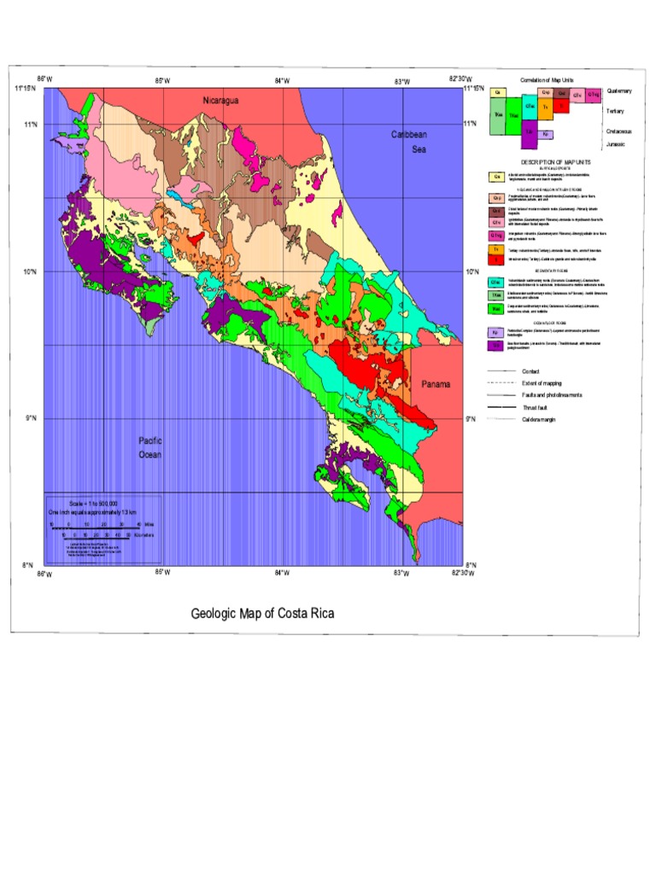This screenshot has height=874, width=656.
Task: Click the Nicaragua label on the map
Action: point(220,101)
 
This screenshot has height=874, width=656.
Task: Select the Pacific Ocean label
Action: point(150,447)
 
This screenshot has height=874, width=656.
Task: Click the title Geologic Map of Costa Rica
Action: point(262,614)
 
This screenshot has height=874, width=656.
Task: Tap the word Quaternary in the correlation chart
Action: point(619,90)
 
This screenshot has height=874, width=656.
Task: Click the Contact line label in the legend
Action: point(530,372)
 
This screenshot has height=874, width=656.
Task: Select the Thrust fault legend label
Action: point(536,408)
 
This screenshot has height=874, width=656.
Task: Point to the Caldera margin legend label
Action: point(539,420)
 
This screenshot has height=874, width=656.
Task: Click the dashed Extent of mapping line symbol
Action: point(501,384)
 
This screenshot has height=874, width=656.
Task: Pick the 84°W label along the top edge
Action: point(280,81)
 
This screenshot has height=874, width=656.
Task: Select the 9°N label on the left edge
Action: point(32,418)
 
